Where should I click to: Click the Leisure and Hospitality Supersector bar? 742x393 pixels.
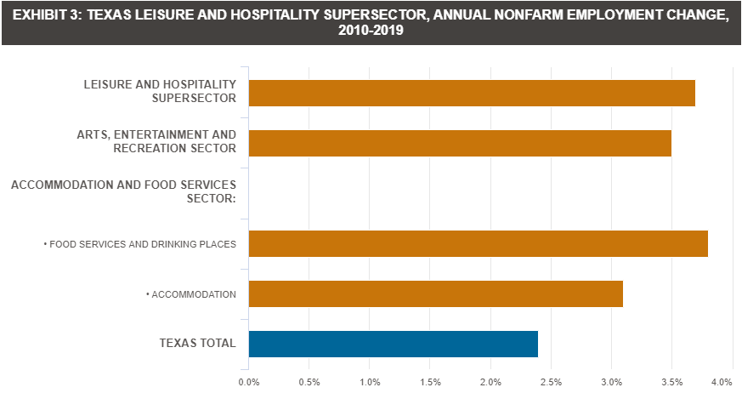[472, 93]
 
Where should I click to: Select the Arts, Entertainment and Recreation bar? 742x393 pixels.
[460, 143]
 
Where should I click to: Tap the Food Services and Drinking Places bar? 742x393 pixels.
[478, 243]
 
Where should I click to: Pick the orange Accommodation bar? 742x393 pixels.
[435, 293]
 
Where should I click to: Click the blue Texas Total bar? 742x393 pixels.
[393, 344]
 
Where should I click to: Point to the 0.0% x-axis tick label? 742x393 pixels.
[249, 381]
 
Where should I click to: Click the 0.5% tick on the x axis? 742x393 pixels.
[309, 381]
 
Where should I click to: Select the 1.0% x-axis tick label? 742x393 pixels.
[370, 381]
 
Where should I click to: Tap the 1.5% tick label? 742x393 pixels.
[430, 381]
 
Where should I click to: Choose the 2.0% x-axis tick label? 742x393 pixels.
[490, 381]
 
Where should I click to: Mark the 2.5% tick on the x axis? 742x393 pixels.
[551, 381]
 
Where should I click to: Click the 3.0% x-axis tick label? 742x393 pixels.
[611, 381]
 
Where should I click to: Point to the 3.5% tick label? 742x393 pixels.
[671, 381]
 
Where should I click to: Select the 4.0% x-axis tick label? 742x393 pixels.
[722, 381]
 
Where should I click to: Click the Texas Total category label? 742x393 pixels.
[197, 344]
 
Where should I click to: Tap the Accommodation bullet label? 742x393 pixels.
[191, 294]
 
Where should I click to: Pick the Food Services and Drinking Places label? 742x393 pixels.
[139, 244]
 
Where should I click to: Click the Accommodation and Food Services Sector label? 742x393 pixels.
[123, 191]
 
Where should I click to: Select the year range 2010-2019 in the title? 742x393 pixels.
[370, 31]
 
